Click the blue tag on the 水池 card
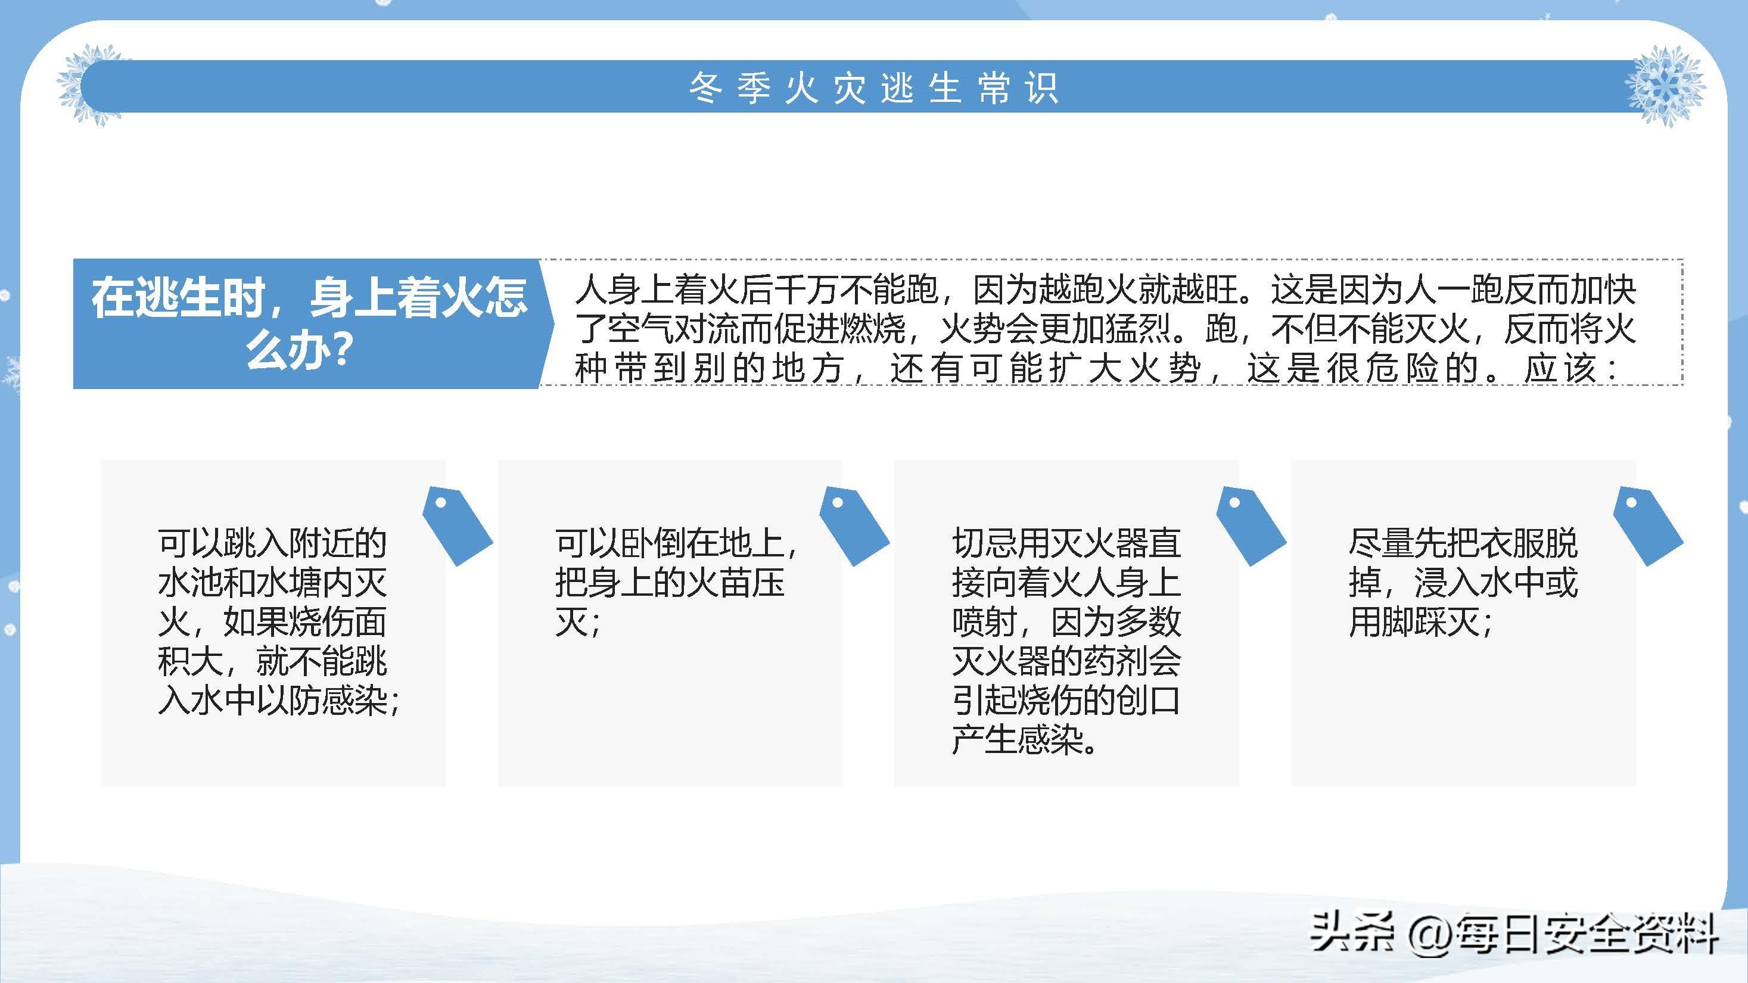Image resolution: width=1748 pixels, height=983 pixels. pyautogui.click(x=457, y=526)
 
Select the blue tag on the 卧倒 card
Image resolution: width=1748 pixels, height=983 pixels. pyautogui.click(x=854, y=526)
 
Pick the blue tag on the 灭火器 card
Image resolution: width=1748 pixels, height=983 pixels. pyautogui.click(x=1251, y=526)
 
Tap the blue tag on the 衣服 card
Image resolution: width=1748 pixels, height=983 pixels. pyautogui.click(x=1647, y=526)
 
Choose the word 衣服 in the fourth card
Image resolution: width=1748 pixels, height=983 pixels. pyautogui.click(x=1513, y=543)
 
